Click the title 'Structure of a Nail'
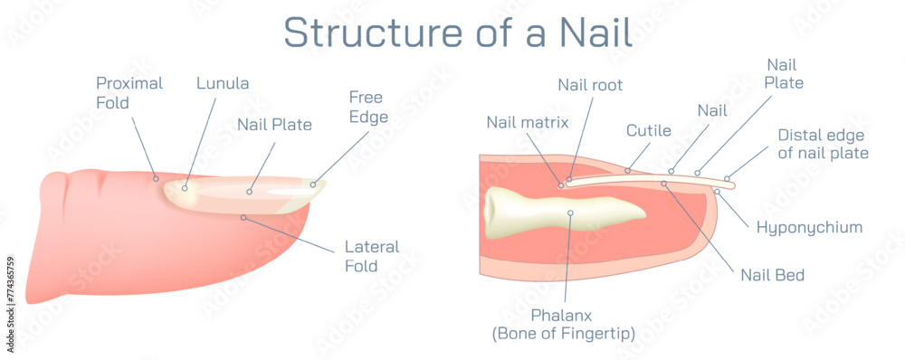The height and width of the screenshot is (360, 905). pyautogui.click(x=457, y=31)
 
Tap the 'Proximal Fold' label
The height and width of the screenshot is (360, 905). pyautogui.click(x=129, y=93)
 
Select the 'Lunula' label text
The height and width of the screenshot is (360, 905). pyautogui.click(x=223, y=83)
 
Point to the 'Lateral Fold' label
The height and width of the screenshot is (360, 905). pyautogui.click(x=372, y=256)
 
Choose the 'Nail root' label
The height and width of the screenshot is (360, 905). pyautogui.click(x=590, y=85)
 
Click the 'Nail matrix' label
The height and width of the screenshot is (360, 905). pyautogui.click(x=527, y=122)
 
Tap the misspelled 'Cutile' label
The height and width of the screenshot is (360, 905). pyautogui.click(x=648, y=130)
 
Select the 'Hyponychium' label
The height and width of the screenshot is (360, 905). pyautogui.click(x=809, y=227)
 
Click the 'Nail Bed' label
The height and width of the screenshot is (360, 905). pyautogui.click(x=772, y=274)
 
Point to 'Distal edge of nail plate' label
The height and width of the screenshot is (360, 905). pyautogui.click(x=823, y=144)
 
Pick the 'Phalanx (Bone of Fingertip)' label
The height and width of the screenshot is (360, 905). pyautogui.click(x=563, y=324)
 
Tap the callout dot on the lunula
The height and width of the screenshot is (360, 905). pyautogui.click(x=185, y=188)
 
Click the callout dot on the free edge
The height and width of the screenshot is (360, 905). pyautogui.click(x=313, y=185)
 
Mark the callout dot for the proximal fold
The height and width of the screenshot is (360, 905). pyautogui.click(x=156, y=177)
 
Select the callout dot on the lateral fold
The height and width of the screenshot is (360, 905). pyautogui.click(x=243, y=217)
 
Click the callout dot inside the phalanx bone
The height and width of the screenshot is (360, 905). pyautogui.click(x=571, y=213)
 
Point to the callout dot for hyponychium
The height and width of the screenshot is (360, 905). pyautogui.click(x=717, y=191)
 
